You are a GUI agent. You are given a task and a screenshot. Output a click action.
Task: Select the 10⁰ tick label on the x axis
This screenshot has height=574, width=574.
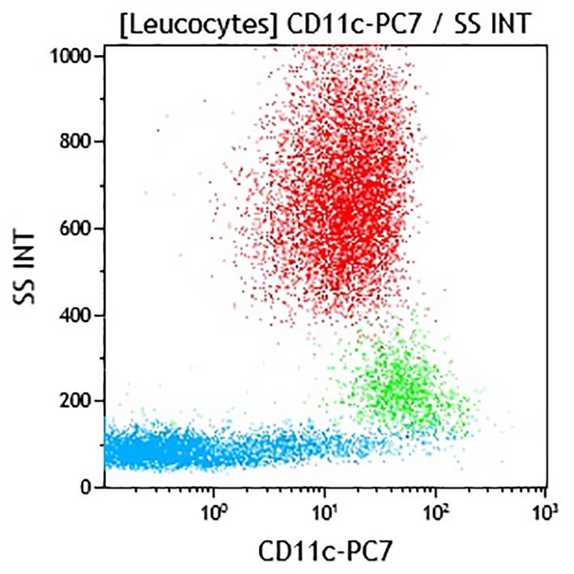214,511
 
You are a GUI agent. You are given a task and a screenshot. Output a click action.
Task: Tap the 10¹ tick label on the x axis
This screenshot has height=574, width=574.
325,511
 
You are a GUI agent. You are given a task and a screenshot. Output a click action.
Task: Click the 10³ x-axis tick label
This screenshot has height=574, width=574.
546,511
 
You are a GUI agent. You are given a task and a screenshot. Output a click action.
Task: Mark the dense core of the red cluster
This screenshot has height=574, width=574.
348,219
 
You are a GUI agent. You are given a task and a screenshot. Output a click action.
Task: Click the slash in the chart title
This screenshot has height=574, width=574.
428,23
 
